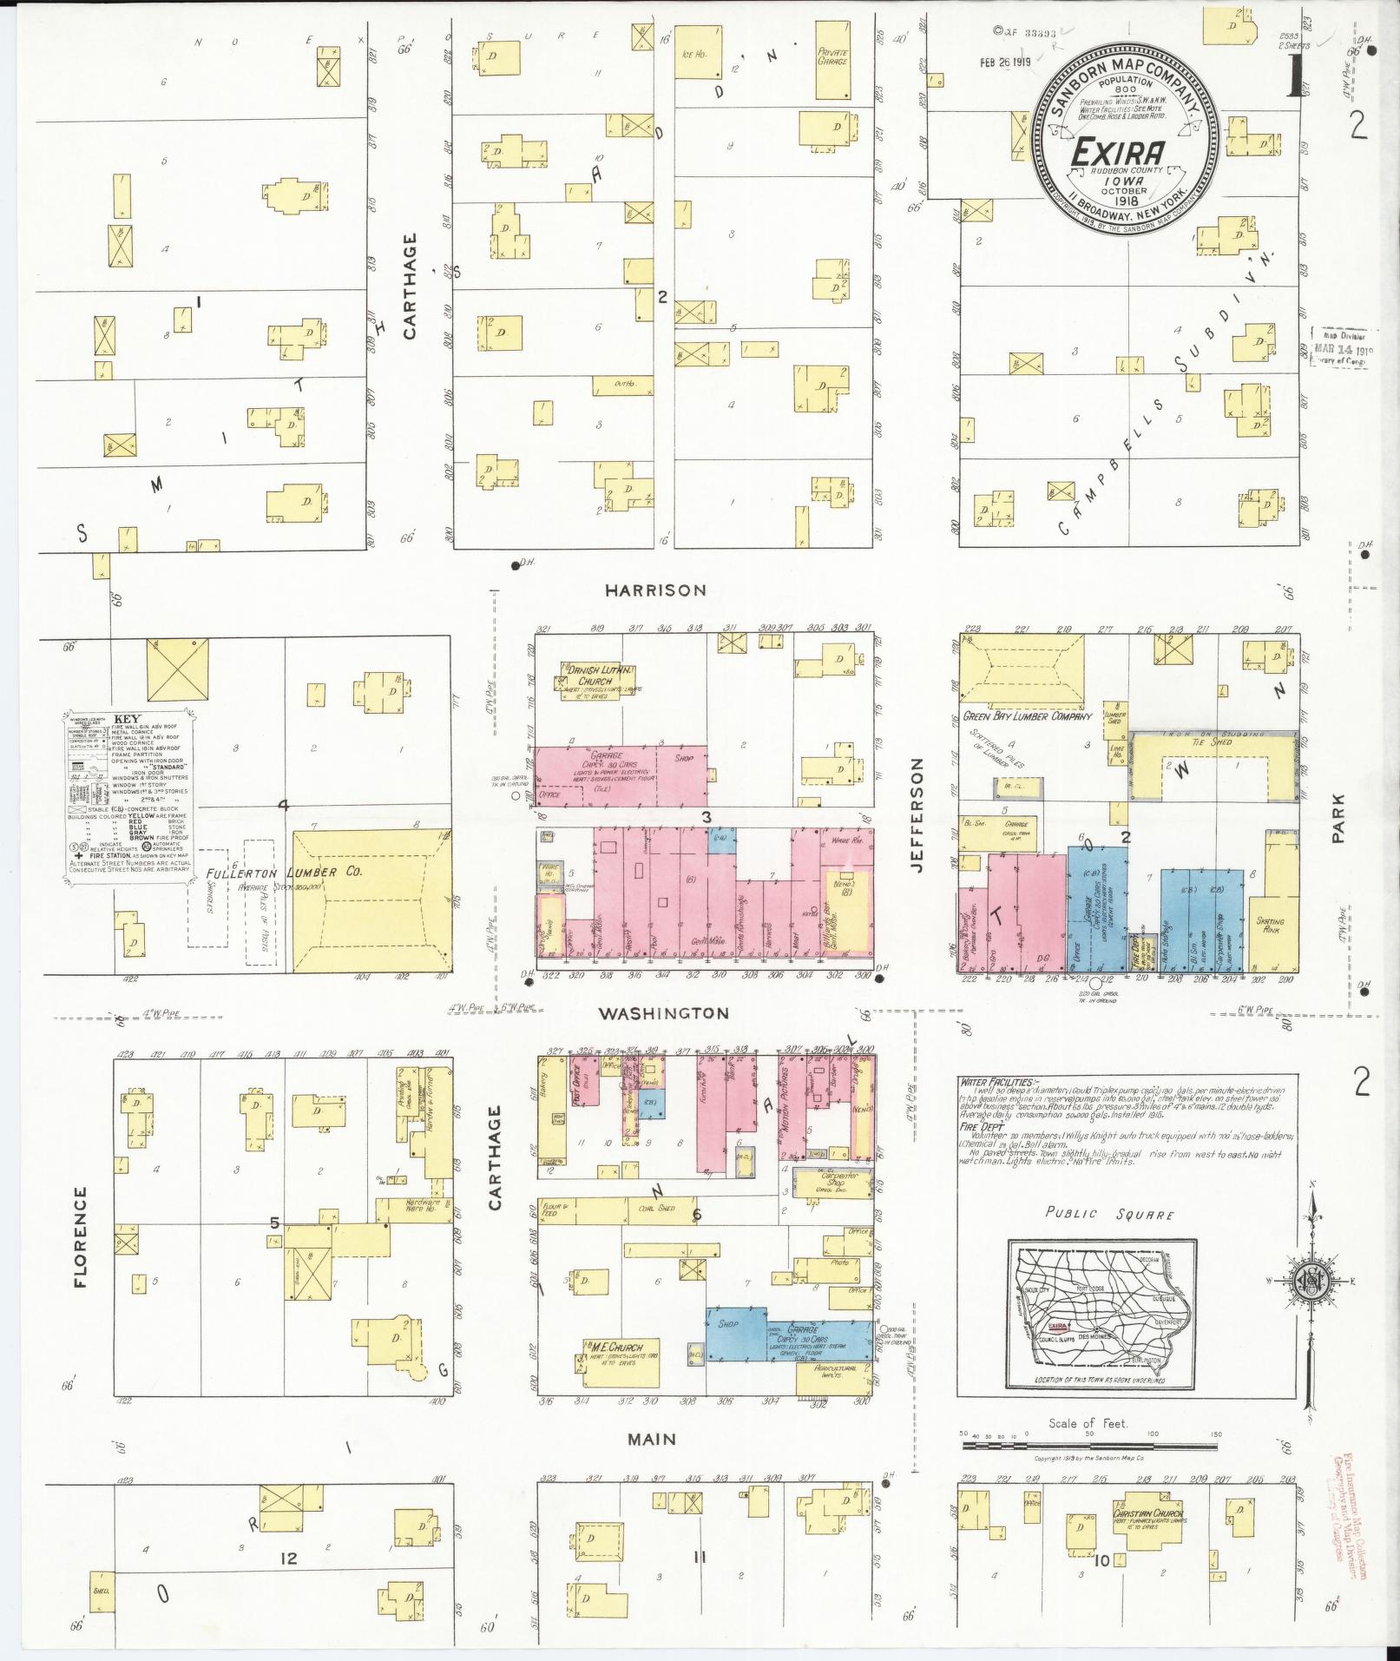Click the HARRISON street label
655,590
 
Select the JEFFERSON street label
917,814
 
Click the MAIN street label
652,1440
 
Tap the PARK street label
1339,819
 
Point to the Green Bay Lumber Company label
1026,717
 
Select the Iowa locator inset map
1101,1325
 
